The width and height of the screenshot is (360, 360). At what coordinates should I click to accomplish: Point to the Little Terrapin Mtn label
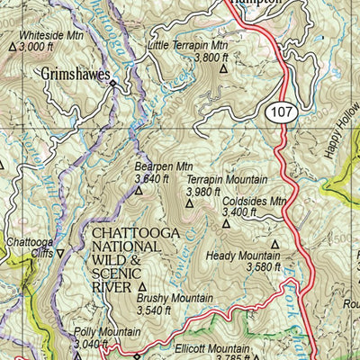pyautogui.click(x=188, y=45)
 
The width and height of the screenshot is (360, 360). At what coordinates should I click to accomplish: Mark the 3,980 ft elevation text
pyautogui.click(x=204, y=191)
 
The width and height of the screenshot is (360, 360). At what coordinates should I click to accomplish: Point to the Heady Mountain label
pyautogui.click(x=243, y=255)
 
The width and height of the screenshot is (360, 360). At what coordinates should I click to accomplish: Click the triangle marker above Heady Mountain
pyautogui.click(x=274, y=243)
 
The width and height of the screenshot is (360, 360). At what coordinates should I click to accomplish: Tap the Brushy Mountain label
pyautogui.click(x=175, y=298)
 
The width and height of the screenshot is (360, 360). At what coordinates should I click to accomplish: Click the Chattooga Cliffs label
pyautogui.click(x=30, y=253)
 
